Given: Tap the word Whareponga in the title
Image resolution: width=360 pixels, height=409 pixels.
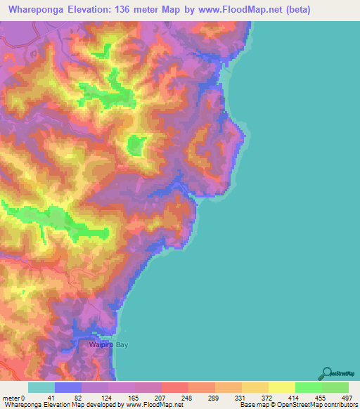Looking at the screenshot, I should pos(34,10).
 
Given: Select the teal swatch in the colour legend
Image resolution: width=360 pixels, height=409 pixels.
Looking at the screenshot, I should pos(41,388).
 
